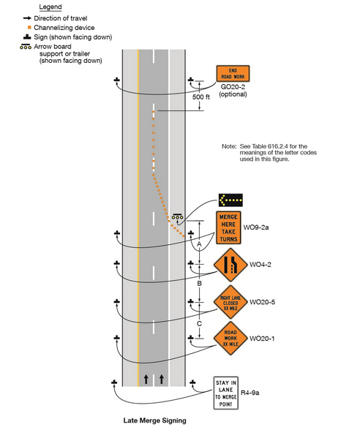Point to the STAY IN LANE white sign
[x=226, y=393]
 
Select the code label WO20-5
[x=264, y=301]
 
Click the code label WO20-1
[x=264, y=338]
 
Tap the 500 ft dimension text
[x=201, y=96]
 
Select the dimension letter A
[x=199, y=243]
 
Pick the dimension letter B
[x=199, y=282]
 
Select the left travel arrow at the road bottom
[x=146, y=380]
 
